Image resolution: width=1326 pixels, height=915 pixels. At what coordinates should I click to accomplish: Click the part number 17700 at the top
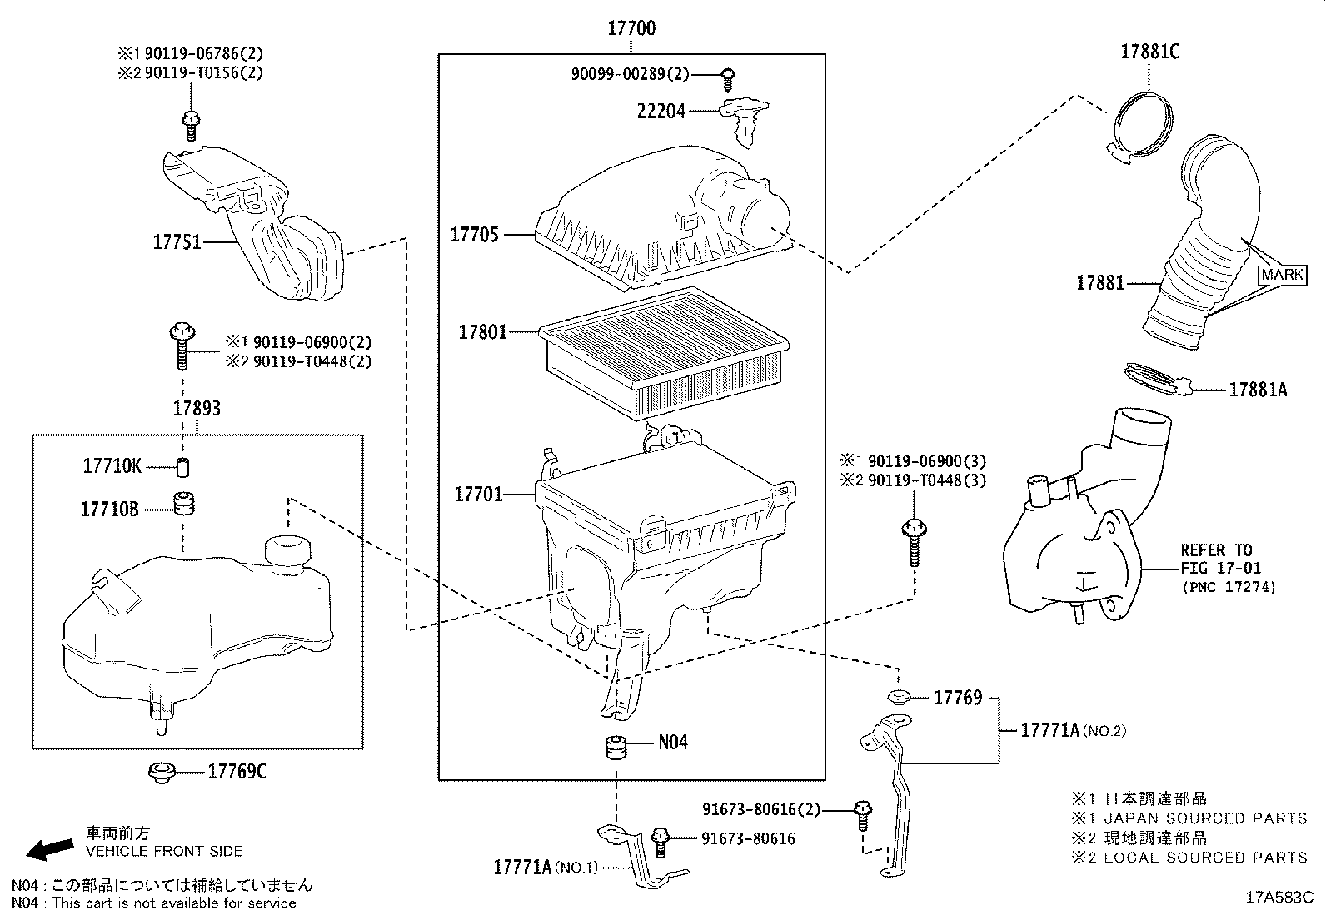coord(631,28)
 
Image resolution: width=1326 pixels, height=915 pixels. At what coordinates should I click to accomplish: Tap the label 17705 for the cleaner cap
coord(475,235)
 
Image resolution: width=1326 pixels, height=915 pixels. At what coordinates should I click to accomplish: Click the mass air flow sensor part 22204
coord(744,117)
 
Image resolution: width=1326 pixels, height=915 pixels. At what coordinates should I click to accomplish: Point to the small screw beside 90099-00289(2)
coord(727,77)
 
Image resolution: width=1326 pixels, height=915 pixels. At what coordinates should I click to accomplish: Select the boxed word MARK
coord(1283,275)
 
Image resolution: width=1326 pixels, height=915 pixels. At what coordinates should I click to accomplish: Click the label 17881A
coord(1258,389)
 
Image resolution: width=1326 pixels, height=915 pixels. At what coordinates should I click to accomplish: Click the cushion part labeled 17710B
coord(182,505)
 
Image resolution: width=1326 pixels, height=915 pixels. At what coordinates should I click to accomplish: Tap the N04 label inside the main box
coord(673,743)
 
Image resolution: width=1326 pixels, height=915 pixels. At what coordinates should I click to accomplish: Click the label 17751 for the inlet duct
coord(177,241)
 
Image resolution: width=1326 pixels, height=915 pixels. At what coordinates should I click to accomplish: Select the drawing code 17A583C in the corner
coord(1279,898)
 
